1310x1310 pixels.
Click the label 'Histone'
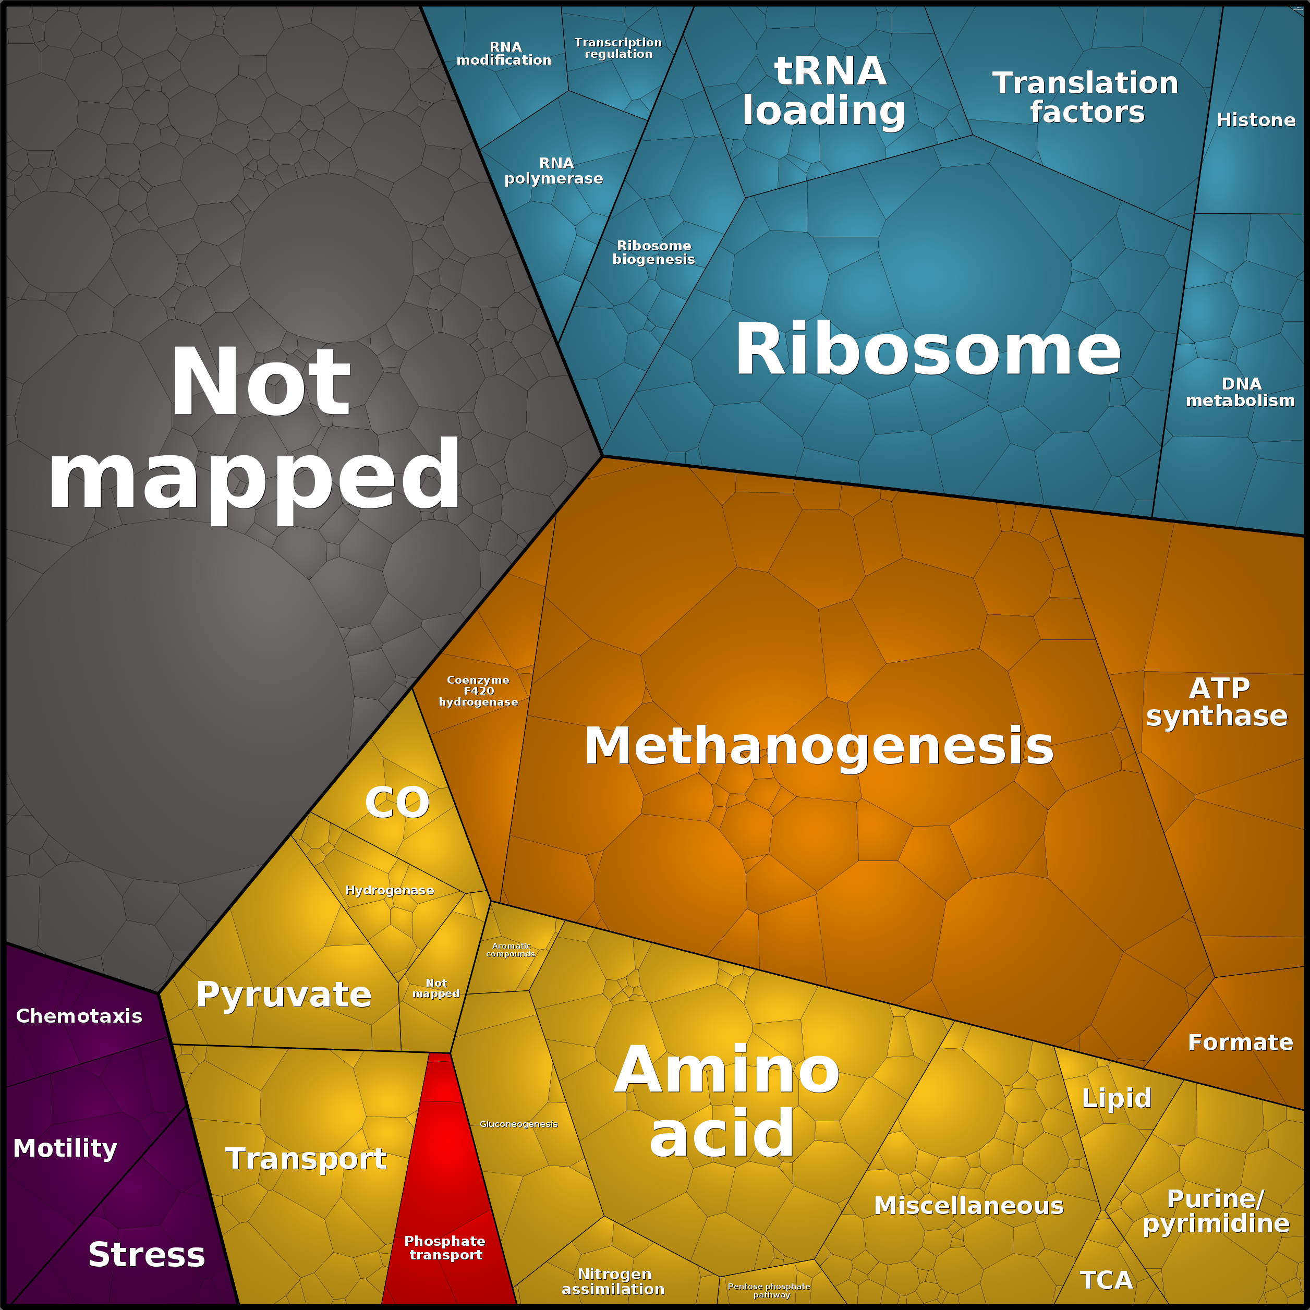click(x=1256, y=120)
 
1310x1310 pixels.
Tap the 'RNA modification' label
click(x=504, y=54)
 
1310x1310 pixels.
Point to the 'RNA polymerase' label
click(x=554, y=171)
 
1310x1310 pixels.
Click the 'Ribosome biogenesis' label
click(x=653, y=252)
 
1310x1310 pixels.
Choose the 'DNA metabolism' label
click(x=1240, y=393)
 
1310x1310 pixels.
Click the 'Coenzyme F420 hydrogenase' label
click(x=478, y=691)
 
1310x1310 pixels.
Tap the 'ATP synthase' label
click(x=1217, y=702)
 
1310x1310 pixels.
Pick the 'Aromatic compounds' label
click(x=511, y=950)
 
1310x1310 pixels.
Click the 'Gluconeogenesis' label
click(x=519, y=1124)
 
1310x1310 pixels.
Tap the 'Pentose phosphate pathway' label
click(x=769, y=1290)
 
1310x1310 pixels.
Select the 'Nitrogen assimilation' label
click(x=613, y=1281)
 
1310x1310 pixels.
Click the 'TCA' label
click(x=1106, y=1280)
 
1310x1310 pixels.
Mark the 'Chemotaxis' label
click(x=79, y=1016)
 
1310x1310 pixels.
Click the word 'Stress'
click(x=147, y=1254)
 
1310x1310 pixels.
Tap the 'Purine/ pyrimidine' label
click(x=1216, y=1211)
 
